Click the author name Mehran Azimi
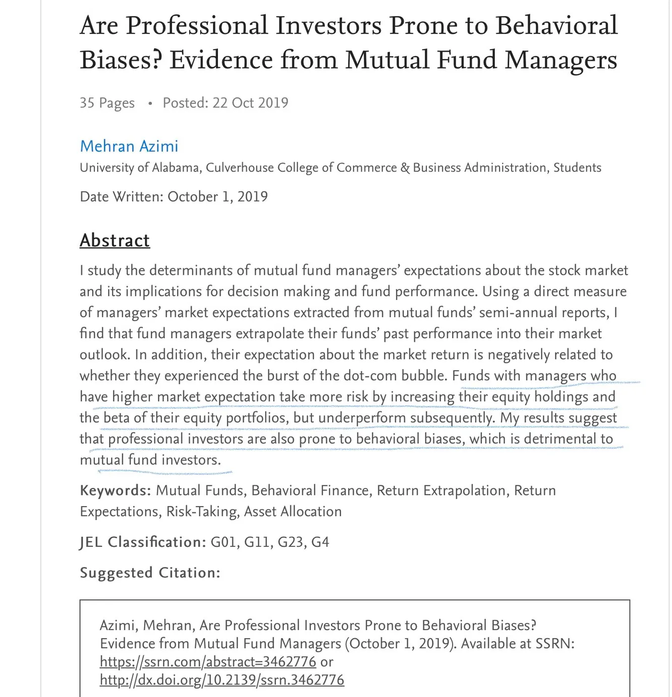[129, 146]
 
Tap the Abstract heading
[115, 240]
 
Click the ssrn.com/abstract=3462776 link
[208, 662]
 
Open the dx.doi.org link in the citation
[222, 680]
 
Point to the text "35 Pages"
[107, 103]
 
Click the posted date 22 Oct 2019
[250, 103]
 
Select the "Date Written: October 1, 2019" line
[174, 197]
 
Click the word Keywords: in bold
[115, 490]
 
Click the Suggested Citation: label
[150, 573]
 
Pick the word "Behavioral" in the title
[556, 25]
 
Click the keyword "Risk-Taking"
[202, 512]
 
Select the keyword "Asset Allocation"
[293, 512]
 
